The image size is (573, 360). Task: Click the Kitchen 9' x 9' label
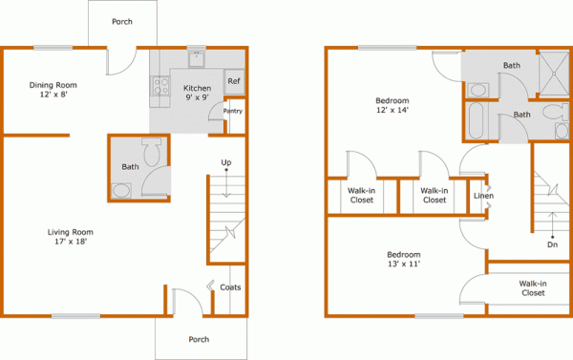[197, 93]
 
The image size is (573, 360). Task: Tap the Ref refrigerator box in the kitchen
[234, 81]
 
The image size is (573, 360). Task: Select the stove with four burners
[160, 86]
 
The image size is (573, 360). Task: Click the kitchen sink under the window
[197, 59]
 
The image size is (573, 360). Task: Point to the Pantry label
[233, 111]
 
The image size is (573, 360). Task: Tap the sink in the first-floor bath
[121, 191]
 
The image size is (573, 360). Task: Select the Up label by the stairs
[226, 162]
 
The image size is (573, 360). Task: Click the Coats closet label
[230, 287]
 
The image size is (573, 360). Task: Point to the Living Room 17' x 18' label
[70, 237]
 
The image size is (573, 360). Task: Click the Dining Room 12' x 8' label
[53, 90]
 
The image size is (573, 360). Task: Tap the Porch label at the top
[122, 22]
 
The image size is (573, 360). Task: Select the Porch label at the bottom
[199, 339]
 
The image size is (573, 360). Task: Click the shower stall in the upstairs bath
[554, 74]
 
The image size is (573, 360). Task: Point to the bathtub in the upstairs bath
[476, 120]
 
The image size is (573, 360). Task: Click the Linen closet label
[483, 196]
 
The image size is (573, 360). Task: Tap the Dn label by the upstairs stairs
[552, 244]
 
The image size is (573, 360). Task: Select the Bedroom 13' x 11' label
[404, 259]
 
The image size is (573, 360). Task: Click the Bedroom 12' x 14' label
[393, 105]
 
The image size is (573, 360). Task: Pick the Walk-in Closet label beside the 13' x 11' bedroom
[533, 288]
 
